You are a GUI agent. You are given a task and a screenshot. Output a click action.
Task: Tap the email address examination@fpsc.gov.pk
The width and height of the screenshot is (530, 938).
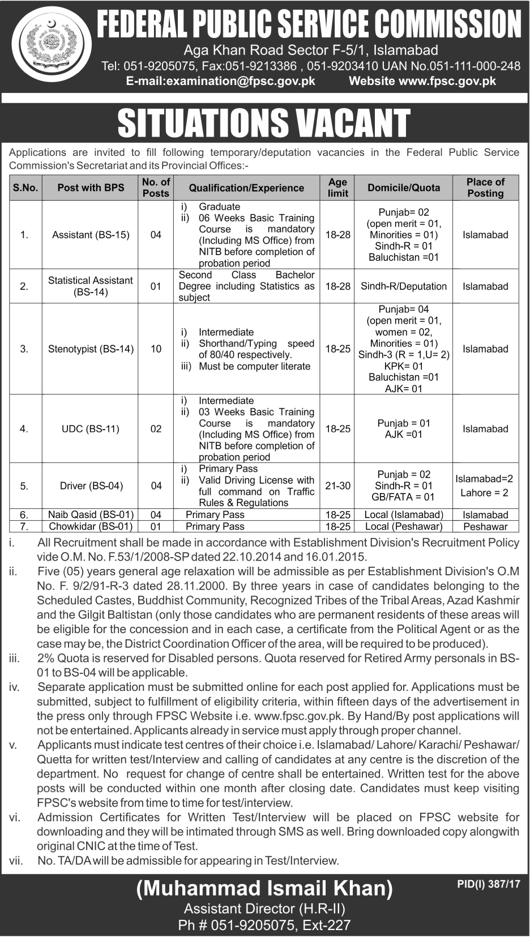[x=220, y=81]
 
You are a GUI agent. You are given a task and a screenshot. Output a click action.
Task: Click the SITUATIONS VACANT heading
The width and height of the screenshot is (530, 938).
[x=264, y=123]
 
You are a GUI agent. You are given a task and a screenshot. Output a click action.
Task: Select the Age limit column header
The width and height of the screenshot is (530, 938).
[x=337, y=188]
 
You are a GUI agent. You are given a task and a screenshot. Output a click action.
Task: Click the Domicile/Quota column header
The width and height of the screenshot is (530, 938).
[x=403, y=188]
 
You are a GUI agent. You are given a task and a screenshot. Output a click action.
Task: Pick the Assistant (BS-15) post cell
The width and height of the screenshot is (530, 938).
[x=91, y=235]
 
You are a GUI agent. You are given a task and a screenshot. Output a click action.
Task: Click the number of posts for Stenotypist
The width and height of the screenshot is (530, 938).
[x=156, y=349]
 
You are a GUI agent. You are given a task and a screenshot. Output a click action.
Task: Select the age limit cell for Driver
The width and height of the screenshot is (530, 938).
[x=337, y=486]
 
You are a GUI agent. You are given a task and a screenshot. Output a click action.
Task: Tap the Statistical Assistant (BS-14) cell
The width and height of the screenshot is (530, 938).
[x=91, y=286]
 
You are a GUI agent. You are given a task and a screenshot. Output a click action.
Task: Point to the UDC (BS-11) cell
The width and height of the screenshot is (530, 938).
[x=91, y=429]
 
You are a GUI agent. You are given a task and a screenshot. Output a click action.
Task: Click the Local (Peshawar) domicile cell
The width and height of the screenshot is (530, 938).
[x=403, y=527]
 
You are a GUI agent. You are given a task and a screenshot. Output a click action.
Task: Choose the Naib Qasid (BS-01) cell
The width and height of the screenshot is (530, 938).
[x=91, y=515]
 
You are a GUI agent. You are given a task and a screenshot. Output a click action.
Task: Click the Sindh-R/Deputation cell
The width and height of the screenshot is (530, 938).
[x=403, y=286]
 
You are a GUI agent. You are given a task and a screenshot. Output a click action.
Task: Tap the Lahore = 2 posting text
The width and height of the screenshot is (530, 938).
[x=485, y=493]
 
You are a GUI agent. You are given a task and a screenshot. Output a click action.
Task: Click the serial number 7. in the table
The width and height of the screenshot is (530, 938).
[x=24, y=527]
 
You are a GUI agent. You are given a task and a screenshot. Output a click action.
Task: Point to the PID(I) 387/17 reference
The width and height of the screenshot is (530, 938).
[x=488, y=884]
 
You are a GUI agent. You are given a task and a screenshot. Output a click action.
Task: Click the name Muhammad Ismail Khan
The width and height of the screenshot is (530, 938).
[x=264, y=889]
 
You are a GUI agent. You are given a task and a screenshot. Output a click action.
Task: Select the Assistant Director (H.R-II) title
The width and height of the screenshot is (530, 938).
[x=264, y=909]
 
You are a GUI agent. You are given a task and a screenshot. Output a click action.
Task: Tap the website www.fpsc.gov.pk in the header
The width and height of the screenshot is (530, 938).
[x=422, y=81]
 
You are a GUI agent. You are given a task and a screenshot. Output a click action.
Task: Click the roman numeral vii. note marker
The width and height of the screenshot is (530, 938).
[x=16, y=861]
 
